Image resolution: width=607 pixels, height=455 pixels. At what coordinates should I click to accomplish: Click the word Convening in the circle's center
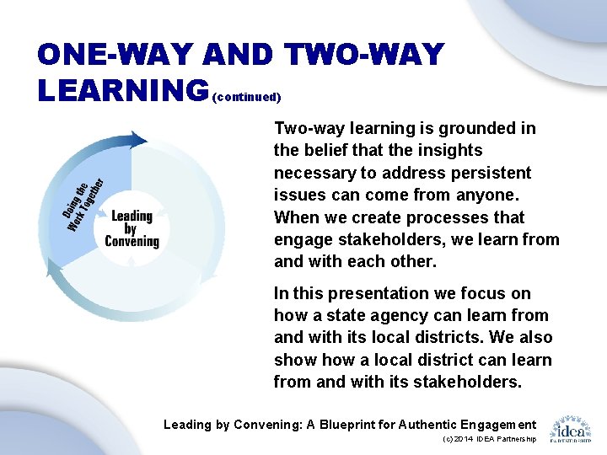pos(132,242)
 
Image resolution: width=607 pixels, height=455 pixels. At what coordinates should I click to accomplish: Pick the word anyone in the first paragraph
pos(492,195)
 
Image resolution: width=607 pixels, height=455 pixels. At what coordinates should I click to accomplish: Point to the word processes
pos(449,217)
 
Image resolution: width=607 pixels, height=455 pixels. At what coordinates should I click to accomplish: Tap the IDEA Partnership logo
pos(571,428)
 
